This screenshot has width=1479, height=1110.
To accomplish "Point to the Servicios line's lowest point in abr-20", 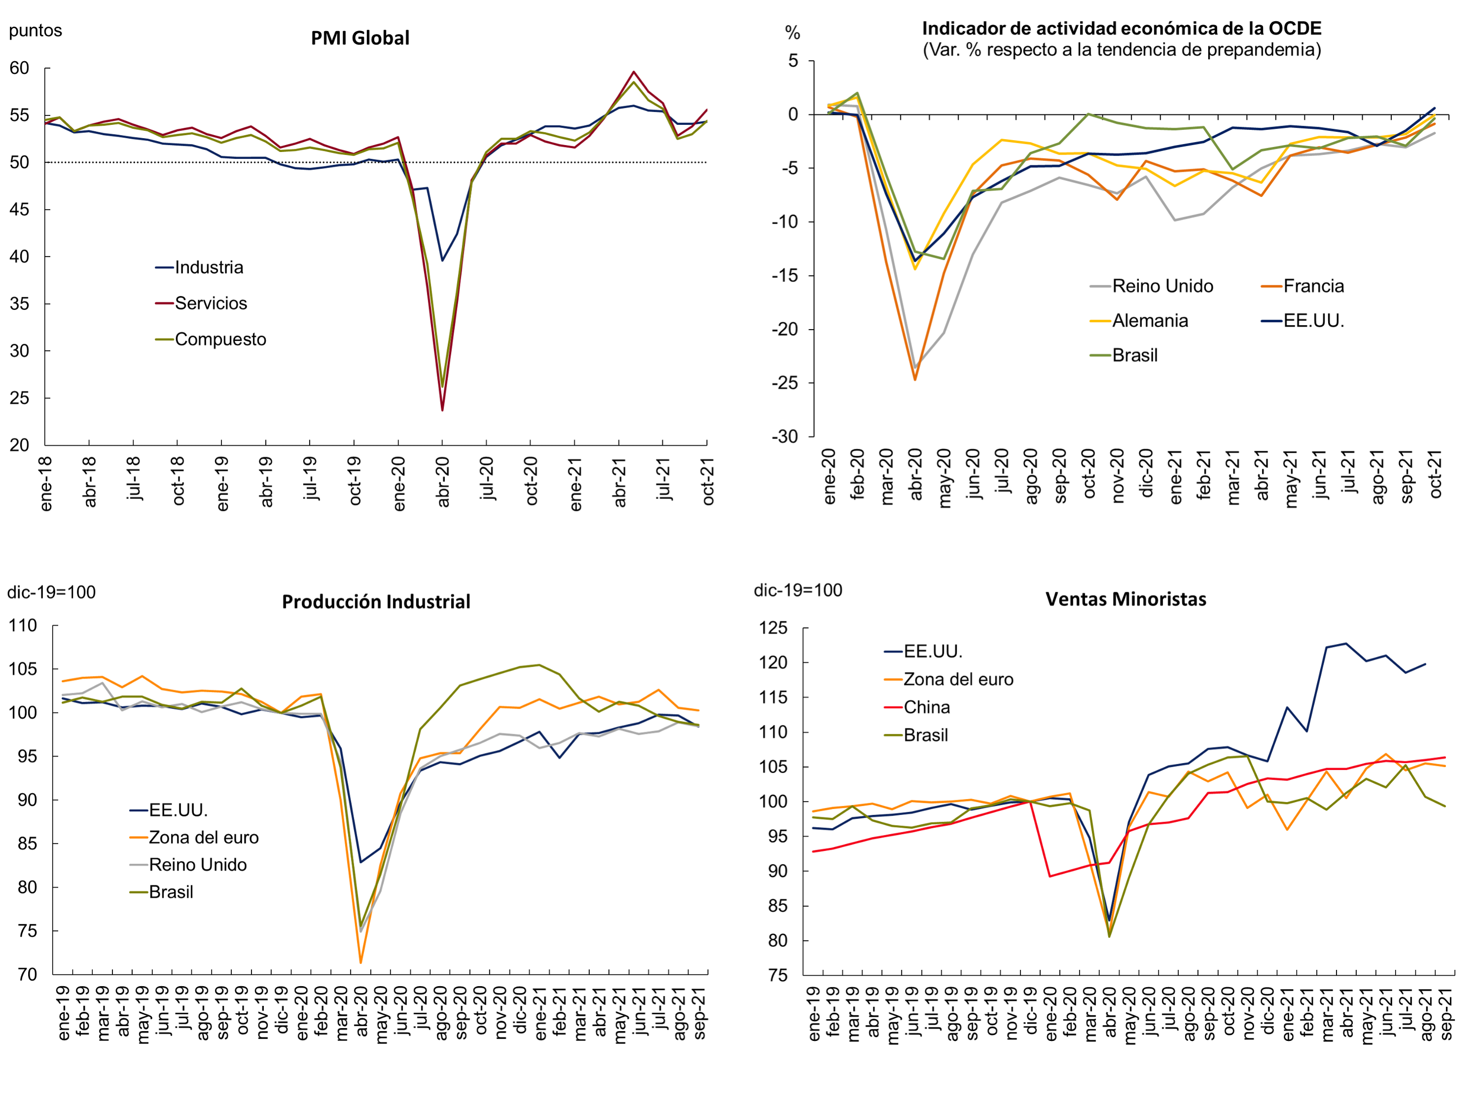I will (442, 410).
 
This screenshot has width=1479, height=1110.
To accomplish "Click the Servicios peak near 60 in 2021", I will (633, 72).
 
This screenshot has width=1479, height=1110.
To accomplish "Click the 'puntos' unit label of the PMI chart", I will (36, 31).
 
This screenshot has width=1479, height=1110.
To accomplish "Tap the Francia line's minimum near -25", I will (915, 380).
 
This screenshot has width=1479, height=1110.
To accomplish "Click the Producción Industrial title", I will (376, 602).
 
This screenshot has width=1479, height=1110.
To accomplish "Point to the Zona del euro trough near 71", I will (361, 962).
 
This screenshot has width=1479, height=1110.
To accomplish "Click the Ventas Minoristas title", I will (1126, 600).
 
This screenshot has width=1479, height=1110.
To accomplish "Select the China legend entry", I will (926, 707).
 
